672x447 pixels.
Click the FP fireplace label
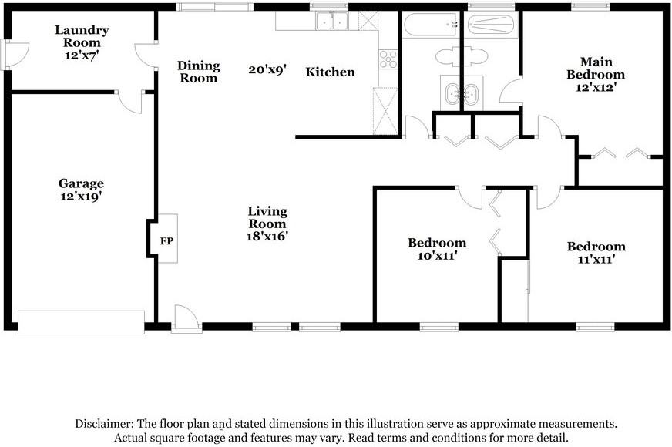166,241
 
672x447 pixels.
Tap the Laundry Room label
82,36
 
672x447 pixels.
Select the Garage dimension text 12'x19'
81,197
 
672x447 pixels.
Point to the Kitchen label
331,72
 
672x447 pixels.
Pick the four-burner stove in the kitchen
388,59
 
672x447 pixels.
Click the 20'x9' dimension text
267,69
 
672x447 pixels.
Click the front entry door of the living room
186,319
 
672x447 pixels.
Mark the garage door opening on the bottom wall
81,322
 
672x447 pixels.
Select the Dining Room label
198,72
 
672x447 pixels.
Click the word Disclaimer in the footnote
104,424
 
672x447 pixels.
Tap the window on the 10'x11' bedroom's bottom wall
439,327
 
